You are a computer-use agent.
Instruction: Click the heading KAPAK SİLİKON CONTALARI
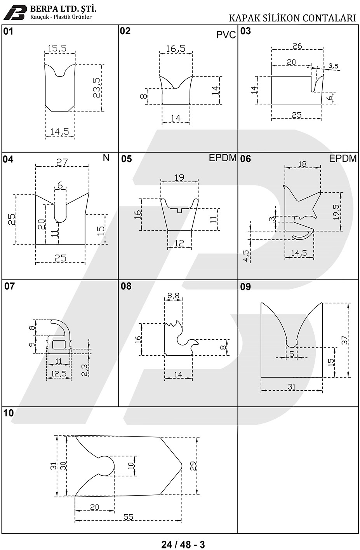(292, 18)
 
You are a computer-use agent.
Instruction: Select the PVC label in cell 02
(226, 35)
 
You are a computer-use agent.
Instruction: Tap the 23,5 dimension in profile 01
(97, 88)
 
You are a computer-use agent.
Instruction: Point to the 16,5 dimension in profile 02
(176, 49)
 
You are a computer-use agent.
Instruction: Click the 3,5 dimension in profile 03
(333, 66)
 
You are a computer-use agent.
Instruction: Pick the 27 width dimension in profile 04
(62, 162)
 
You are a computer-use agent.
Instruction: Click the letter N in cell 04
(106, 158)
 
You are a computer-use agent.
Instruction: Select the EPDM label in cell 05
(223, 158)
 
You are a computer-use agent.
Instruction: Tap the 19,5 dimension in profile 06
(336, 212)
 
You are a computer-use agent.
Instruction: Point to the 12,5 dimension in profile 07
(59, 374)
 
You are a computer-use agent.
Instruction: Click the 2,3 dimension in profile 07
(84, 370)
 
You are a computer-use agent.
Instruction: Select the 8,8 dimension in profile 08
(173, 296)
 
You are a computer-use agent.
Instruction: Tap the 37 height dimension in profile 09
(344, 340)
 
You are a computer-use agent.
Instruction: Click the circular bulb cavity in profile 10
(106, 466)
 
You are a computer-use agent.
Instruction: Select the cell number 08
(126, 286)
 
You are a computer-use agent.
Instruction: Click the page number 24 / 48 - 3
(183, 544)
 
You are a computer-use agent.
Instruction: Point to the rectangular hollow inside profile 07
(59, 344)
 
